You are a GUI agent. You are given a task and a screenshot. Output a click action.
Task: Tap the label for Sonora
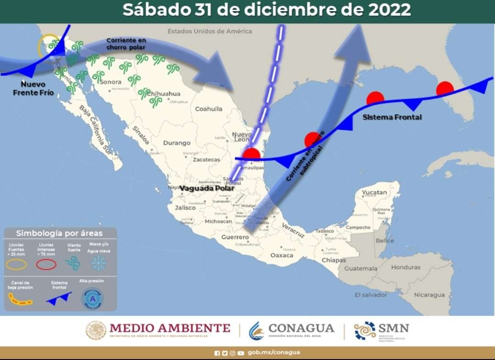110,82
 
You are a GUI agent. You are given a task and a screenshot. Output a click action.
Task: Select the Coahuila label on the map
209,109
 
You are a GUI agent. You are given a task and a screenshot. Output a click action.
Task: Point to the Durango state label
176,143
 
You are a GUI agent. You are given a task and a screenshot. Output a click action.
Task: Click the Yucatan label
374,192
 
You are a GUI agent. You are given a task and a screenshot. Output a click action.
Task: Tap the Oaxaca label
281,255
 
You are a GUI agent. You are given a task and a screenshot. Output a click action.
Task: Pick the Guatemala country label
361,268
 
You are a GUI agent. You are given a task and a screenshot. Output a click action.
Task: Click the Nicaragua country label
429,295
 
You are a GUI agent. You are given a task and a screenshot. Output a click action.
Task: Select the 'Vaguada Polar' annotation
207,188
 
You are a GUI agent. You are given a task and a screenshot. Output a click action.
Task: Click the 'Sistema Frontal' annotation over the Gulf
392,117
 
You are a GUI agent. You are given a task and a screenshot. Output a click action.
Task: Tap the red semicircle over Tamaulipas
251,154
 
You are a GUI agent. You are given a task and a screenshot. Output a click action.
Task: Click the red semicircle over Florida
445,89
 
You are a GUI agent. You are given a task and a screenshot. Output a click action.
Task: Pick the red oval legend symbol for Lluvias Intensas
46,264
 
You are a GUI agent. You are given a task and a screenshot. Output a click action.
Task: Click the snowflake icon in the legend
98,263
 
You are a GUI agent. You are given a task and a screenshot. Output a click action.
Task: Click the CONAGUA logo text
301,329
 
